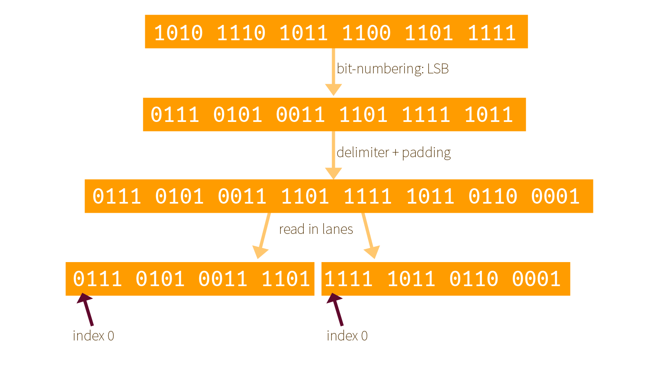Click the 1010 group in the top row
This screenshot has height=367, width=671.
pyautogui.click(x=178, y=33)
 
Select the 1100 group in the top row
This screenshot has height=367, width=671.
pyautogui.click(x=366, y=33)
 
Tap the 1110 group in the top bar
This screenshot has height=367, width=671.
pyautogui.click(x=241, y=33)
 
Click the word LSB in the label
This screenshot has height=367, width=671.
pyautogui.click(x=438, y=68)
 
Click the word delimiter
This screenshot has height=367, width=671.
pyautogui.click(x=362, y=153)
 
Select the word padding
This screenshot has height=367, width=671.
pyautogui.click(x=426, y=153)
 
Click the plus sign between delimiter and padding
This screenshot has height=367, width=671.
pyautogui.click(x=395, y=153)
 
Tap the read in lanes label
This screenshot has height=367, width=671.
pyautogui.click(x=316, y=229)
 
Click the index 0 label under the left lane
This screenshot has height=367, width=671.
pyautogui.click(x=93, y=335)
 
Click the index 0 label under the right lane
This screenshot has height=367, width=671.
pyautogui.click(x=347, y=335)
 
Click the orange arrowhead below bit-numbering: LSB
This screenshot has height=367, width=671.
pyautogui.click(x=333, y=89)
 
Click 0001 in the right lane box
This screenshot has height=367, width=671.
pyautogui.click(x=536, y=279)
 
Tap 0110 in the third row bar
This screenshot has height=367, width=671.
pyautogui.click(x=493, y=196)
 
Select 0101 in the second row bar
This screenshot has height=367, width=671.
pyautogui.click(x=237, y=114)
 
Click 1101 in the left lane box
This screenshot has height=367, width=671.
pyautogui.click(x=285, y=279)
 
